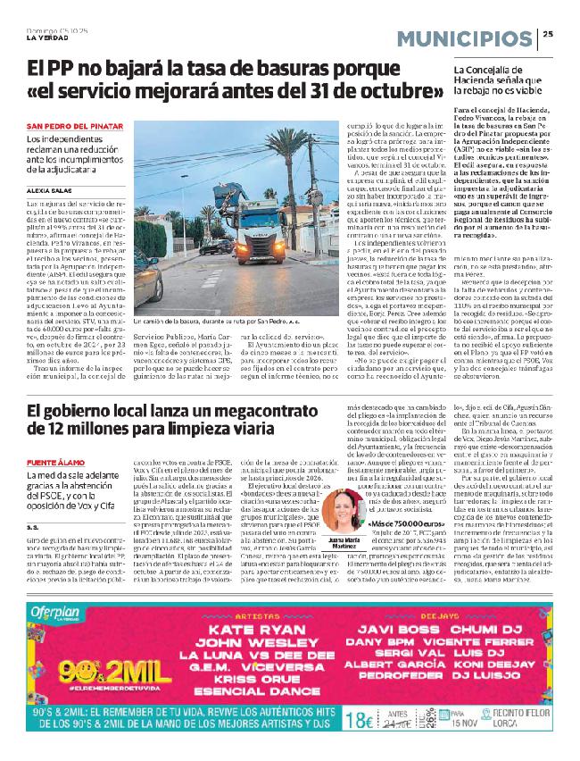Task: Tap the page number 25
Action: [548, 35]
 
